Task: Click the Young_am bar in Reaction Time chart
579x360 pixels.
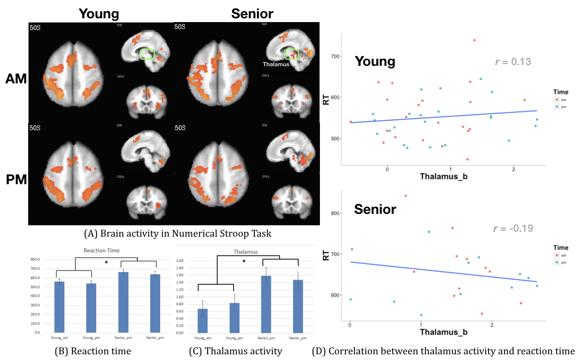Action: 59,307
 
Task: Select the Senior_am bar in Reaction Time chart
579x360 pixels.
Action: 123,302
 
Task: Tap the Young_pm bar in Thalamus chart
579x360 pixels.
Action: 235,318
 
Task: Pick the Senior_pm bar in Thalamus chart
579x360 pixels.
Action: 298,306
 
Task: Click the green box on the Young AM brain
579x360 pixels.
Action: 147,54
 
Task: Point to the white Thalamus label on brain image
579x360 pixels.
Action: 276,64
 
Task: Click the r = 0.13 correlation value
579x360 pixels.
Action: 513,62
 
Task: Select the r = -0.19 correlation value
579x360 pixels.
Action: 513,228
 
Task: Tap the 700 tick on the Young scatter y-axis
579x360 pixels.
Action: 335,56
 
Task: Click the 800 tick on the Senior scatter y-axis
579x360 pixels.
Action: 335,213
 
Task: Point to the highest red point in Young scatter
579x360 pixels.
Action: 474,40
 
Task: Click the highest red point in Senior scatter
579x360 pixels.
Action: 406,196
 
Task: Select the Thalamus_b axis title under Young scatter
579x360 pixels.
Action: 444,177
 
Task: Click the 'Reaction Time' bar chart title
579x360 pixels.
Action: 102,250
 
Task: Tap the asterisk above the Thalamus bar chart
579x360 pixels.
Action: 244,261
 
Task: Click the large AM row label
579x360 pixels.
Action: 16,79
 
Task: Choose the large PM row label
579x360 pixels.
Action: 16,179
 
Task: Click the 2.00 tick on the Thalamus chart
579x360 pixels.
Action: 180,261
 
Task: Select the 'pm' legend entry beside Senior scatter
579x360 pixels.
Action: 563,263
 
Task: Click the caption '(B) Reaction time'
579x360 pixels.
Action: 93,351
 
